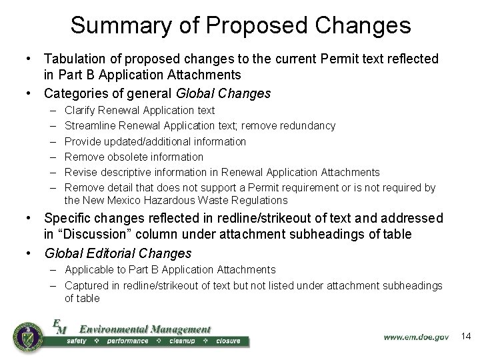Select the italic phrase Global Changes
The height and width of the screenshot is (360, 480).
pyautogui.click(x=224, y=93)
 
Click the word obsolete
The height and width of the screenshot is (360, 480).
pyautogui.click(x=127, y=157)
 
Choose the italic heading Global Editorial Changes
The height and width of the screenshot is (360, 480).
pyautogui.click(x=118, y=253)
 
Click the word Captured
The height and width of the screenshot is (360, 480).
pyautogui.click(x=87, y=285)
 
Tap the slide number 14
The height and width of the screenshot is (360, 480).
pyautogui.click(x=466, y=336)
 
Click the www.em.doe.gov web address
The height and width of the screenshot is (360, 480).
pyautogui.click(x=416, y=337)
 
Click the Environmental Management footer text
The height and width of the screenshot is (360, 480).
pyautogui.click(x=145, y=329)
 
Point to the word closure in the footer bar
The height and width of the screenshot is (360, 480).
pyautogui.click(x=228, y=341)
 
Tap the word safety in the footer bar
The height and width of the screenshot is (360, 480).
pyautogui.click(x=77, y=341)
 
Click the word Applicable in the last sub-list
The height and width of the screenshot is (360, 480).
pyautogui.click(x=89, y=269)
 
